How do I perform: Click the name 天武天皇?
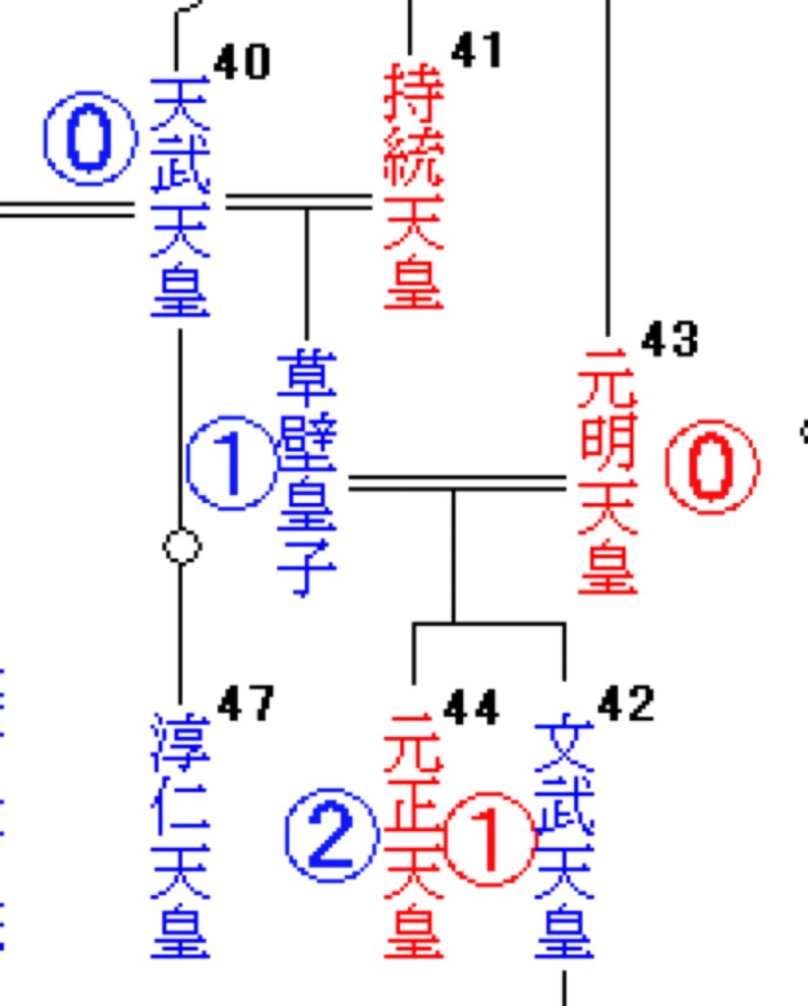[179, 196]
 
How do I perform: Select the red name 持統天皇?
[413, 187]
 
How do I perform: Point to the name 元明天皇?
[607, 472]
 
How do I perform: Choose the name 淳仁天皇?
[180, 835]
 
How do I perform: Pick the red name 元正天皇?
[413, 835]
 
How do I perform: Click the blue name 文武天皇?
[564, 840]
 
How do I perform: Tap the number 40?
[241, 63]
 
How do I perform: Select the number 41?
[476, 49]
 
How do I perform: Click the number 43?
[669, 340]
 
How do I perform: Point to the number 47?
[246, 703]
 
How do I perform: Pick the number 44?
[471, 707]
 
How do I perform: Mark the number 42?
[625, 703]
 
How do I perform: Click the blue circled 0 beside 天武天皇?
[89, 139]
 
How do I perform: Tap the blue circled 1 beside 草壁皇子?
[231, 463]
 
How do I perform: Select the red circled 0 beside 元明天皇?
[711, 467]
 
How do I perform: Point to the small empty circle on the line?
[181, 546]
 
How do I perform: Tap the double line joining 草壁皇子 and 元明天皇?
[457, 482]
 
